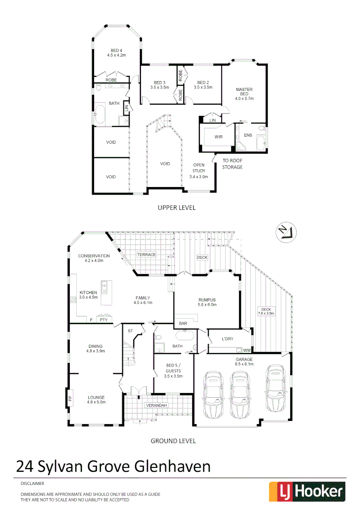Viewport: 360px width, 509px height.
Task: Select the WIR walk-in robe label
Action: click(218, 137)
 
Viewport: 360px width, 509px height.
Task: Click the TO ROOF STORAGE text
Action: click(232, 164)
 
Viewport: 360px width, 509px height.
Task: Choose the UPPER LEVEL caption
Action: click(176, 207)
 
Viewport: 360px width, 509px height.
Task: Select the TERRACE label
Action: click(146, 254)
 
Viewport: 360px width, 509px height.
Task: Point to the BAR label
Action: click(183, 324)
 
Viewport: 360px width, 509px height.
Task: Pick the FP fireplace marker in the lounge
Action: click(70, 398)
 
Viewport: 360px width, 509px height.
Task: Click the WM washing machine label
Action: click(246, 350)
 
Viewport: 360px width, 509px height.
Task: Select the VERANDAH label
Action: click(155, 405)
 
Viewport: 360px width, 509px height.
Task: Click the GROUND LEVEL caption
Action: click(173, 441)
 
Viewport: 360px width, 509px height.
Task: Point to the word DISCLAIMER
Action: click(32, 484)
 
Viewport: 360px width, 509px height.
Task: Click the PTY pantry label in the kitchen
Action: click(104, 320)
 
